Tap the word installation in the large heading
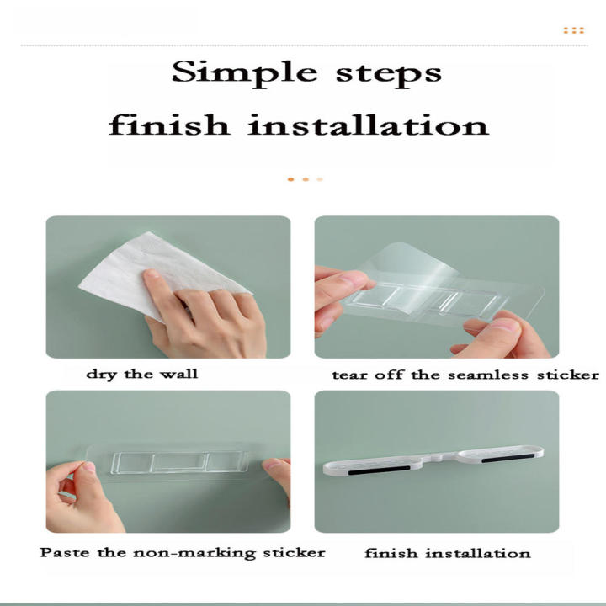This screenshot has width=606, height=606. pos(369,125)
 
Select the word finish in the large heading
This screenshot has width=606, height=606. pos(168,125)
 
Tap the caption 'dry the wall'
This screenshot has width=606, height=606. pos(142,374)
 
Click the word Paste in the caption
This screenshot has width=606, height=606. pos(65,552)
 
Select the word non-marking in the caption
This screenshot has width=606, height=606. pos(194,553)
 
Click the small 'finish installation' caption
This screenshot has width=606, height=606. pos(448,554)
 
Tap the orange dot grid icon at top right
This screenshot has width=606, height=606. pos(573,30)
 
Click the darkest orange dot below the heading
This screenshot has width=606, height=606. pos(291,179)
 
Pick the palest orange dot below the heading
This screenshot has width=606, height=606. pos(320,179)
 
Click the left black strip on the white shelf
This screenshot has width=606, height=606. pos(379,470)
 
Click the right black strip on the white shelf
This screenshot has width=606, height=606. pos(508,459)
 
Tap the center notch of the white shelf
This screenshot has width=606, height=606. pos(437,457)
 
